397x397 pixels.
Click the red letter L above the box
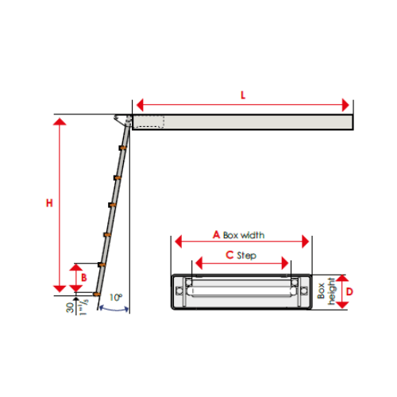tap(243, 94)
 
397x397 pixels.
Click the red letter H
tap(49, 203)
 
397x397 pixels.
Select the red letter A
tap(216, 235)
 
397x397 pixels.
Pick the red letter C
tap(229, 255)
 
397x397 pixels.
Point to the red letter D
tap(349, 292)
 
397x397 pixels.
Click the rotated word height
tap(333, 294)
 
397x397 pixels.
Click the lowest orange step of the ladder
tap(97, 294)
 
